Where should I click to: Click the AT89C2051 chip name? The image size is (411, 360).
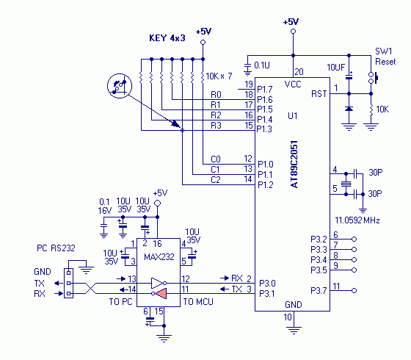294,165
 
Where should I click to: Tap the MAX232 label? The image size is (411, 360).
159,256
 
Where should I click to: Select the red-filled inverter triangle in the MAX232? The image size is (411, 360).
161,293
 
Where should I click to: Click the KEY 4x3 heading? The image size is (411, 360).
167,38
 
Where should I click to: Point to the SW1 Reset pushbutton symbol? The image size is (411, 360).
374,78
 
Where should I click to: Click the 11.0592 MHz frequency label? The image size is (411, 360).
357,220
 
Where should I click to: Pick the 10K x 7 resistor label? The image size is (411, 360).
219,76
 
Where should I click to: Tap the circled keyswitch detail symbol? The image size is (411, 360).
120,86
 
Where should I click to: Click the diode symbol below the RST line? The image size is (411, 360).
349,109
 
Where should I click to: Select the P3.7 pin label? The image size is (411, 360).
319,290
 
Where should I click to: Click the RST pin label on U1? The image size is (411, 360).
319,94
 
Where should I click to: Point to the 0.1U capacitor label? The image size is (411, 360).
262,65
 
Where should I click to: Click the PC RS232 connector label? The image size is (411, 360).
56,248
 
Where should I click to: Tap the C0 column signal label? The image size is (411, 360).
216,159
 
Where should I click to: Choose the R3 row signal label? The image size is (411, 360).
216,126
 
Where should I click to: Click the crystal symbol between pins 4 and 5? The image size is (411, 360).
346,184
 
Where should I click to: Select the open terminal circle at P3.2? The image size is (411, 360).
354,240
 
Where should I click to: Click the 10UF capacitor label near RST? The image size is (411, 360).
336,68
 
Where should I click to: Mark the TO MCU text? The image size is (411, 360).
198,302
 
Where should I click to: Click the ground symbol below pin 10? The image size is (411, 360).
294,330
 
